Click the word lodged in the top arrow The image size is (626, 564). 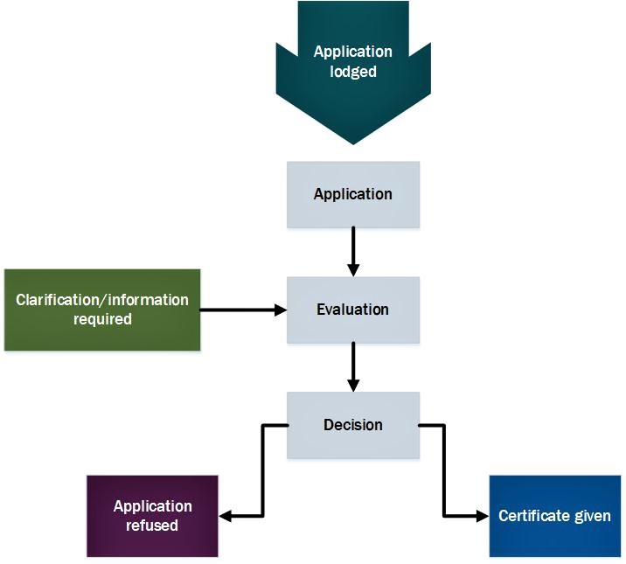coord(353,72)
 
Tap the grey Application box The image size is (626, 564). coord(353,194)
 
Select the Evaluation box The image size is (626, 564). coord(353,310)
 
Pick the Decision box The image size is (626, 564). coord(353,425)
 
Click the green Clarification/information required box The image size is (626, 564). coord(102,310)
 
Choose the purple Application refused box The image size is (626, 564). coord(152,516)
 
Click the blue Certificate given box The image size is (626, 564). coord(554,516)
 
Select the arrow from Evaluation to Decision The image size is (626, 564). coord(353,366)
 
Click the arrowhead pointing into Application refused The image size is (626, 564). coord(225,516)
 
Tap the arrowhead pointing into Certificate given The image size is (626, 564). coord(482,516)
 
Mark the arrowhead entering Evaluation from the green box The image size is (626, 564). coord(281,310)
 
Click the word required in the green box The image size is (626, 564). coord(102,320)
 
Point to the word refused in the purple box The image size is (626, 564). coord(152,526)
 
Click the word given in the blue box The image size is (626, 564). coord(593,516)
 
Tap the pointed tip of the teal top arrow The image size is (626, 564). coord(353,143)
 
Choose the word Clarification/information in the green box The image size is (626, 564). coord(102,300)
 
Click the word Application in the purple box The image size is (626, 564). coord(152,506)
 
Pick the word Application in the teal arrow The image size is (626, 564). coord(353,52)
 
